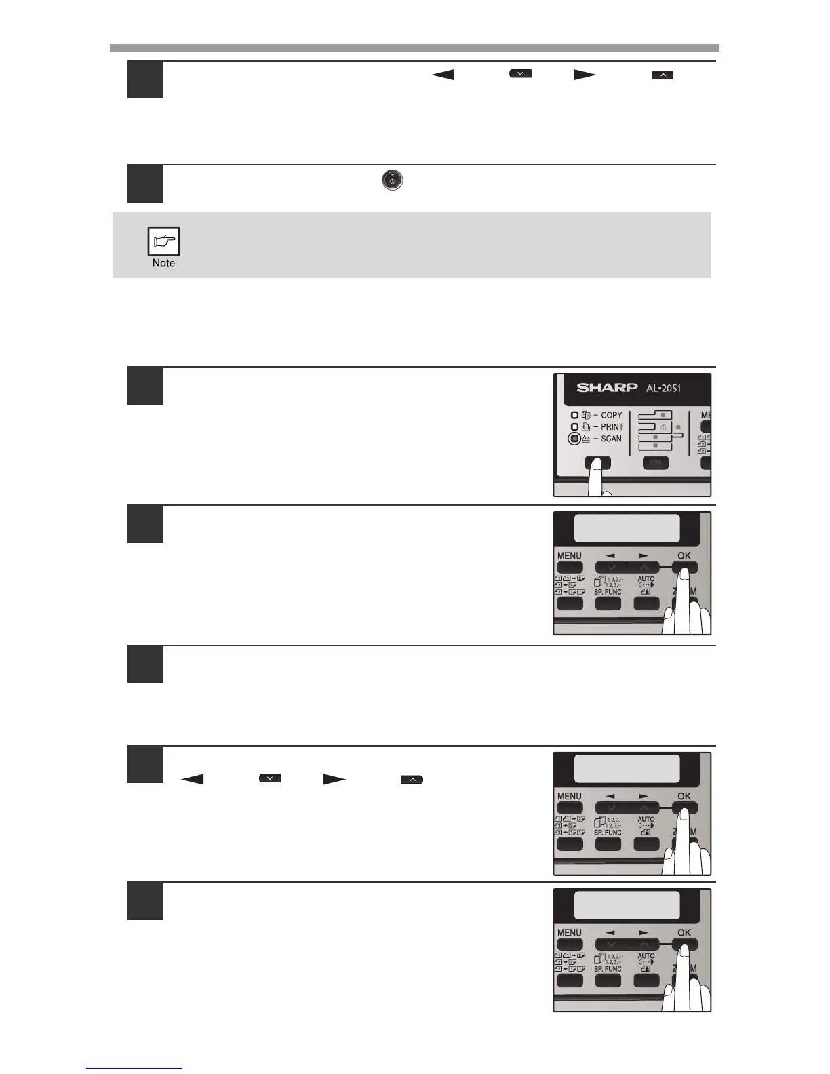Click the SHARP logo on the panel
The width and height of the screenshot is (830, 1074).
click(607, 388)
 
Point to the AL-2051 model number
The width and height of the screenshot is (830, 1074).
click(660, 388)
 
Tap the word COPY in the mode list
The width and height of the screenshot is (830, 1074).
click(611, 415)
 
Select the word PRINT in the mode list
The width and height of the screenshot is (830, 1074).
click(612, 426)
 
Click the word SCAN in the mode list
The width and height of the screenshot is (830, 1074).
click(611, 439)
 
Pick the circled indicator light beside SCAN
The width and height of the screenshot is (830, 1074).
click(574, 439)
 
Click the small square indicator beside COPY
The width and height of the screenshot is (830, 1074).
click(574, 415)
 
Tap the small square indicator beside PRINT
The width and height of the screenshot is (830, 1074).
click(574, 426)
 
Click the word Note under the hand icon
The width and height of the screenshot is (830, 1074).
click(163, 263)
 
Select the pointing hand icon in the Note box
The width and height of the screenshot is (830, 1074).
click(163, 241)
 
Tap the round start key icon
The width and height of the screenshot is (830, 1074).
click(392, 180)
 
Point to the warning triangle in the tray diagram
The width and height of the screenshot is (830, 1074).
click(663, 426)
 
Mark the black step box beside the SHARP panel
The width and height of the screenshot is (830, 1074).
click(145, 386)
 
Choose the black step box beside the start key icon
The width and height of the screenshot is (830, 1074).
click(145, 184)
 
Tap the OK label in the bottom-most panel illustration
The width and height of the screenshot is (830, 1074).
click(684, 932)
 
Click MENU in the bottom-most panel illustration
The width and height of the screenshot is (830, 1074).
click(570, 932)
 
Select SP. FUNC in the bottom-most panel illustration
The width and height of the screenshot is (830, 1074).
click(608, 969)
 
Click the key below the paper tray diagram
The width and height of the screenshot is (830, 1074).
click(655, 463)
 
